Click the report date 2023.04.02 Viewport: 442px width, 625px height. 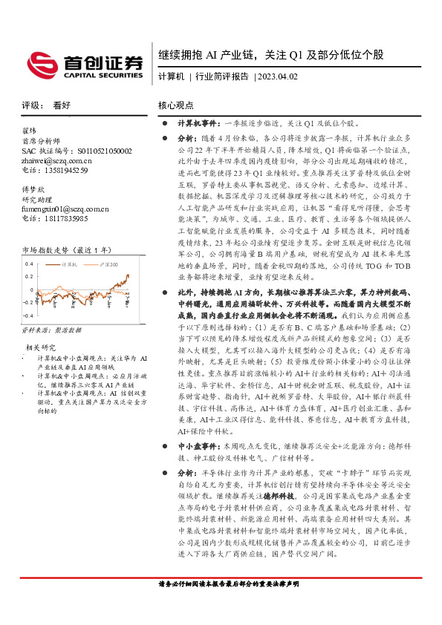(276, 76)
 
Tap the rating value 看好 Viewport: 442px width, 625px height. (62, 105)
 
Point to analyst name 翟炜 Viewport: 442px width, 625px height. (30, 131)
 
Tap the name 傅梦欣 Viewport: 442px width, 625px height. (34, 190)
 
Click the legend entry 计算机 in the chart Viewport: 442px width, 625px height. (71, 264)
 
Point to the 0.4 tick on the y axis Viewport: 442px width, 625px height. (30, 264)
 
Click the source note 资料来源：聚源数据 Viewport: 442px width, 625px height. (51, 331)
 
